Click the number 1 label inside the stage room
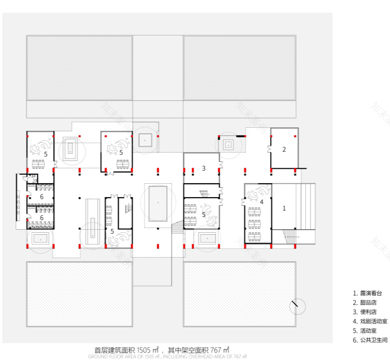click(284, 208)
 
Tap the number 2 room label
click(284, 149)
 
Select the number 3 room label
click(203, 168)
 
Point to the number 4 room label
click(262, 202)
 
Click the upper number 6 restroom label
click(42, 197)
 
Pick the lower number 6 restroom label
click(42, 218)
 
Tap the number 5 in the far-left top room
click(45, 155)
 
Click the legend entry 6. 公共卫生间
click(370, 340)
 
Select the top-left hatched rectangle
click(79, 67)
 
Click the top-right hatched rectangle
click(240, 67)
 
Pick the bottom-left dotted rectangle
click(79, 294)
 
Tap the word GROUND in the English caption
click(98, 357)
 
